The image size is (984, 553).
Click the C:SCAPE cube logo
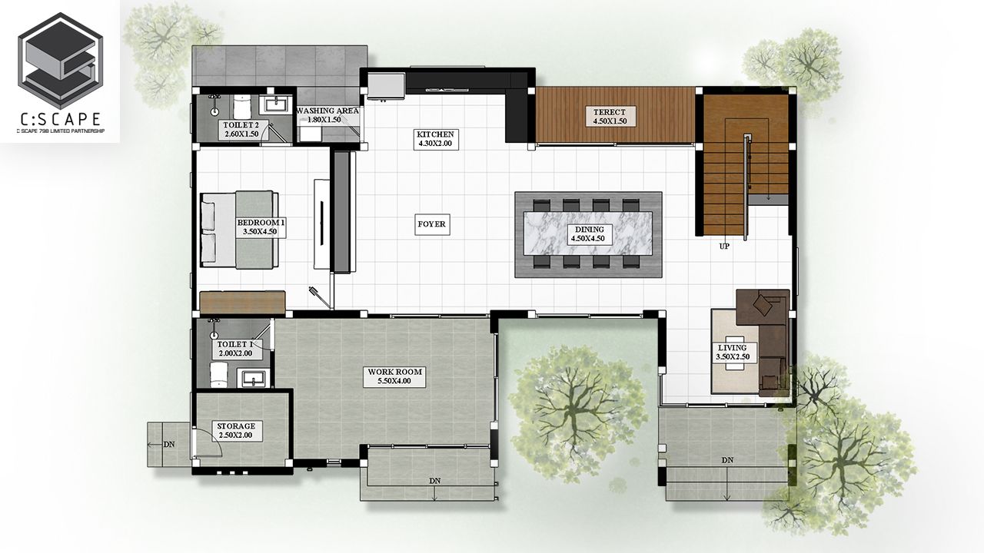(x=60, y=61)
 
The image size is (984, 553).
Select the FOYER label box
(x=432, y=224)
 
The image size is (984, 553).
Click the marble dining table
(x=588, y=234)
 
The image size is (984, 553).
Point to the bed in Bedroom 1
(x=239, y=230)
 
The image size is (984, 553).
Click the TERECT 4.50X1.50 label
(x=610, y=117)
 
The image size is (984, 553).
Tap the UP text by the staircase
(x=724, y=247)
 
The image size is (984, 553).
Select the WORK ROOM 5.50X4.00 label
(x=394, y=376)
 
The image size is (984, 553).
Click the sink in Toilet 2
(x=276, y=105)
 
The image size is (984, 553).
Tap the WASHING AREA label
(x=327, y=111)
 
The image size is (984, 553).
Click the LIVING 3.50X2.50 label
(x=733, y=353)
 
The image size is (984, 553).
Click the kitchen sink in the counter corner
(x=386, y=84)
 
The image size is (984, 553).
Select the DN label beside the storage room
(x=169, y=444)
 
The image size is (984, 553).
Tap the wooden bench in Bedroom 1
(x=242, y=302)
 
